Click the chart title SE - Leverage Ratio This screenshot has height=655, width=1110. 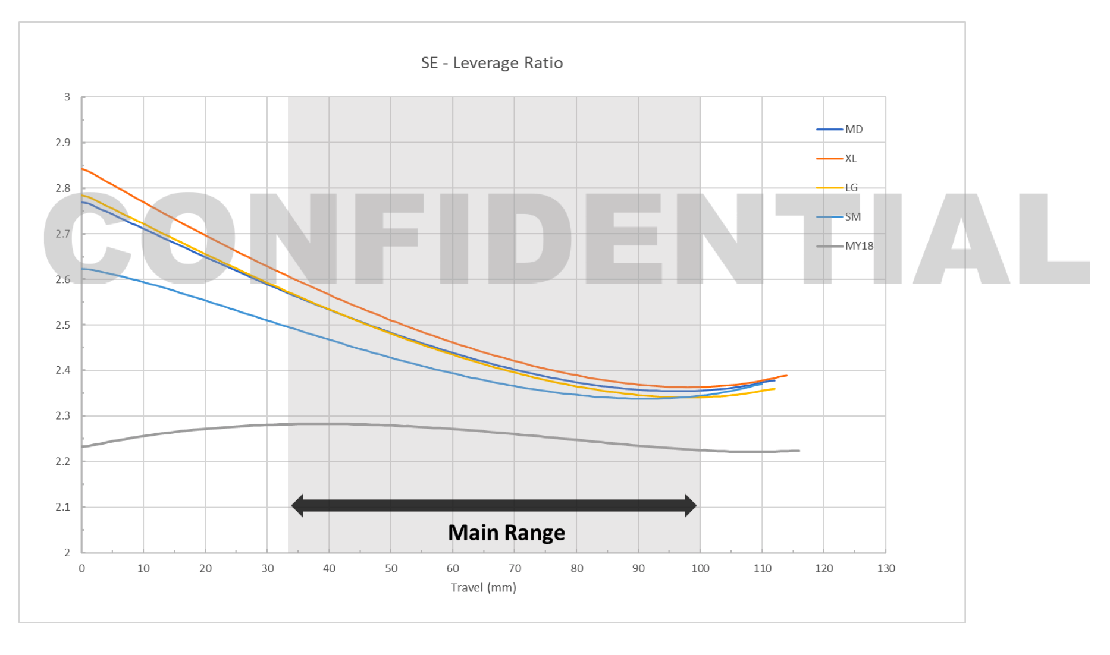pos(491,63)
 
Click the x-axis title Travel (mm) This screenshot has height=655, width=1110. pos(483,587)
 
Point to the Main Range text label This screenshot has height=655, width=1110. pos(506,532)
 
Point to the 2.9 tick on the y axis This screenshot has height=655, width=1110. pos(62,143)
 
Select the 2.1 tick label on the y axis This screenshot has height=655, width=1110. pos(62,507)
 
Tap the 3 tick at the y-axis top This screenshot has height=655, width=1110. pos(67,97)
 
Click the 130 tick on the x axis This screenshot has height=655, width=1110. pos(886,568)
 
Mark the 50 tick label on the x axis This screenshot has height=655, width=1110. pos(391,568)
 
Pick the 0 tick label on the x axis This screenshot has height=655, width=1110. pos(82,568)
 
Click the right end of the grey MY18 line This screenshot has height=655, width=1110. pos(799,451)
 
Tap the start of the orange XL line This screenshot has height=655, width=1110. pos(83,169)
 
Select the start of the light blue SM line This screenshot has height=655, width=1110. pos(83,269)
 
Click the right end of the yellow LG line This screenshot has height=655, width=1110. pos(774,389)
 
